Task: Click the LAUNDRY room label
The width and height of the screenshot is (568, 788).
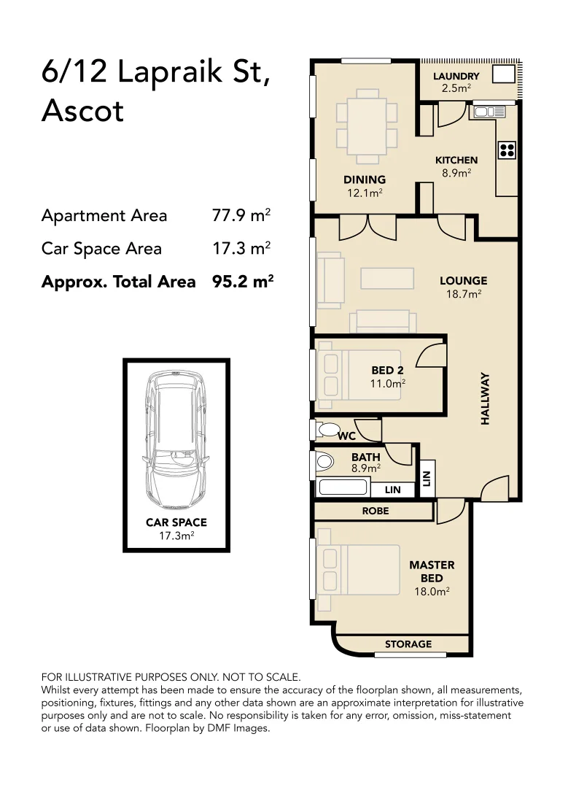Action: tap(456, 77)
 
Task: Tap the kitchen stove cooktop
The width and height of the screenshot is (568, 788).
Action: tap(507, 150)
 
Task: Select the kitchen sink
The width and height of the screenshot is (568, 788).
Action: tap(489, 112)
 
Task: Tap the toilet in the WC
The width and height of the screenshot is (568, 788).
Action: tap(329, 429)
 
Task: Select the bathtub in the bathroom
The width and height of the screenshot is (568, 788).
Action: tap(343, 488)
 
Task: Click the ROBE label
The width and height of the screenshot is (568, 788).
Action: tap(376, 511)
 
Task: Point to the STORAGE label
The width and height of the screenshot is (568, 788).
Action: tap(408, 644)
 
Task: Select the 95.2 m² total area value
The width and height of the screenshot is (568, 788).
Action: tap(242, 282)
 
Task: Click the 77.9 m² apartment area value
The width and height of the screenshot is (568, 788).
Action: tap(241, 216)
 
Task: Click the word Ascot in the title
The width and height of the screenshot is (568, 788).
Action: tap(82, 111)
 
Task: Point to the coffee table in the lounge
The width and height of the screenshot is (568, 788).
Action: tap(386, 278)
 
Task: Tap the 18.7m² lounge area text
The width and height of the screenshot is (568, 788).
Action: tap(463, 294)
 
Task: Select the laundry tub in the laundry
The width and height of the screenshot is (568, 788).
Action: tap(503, 74)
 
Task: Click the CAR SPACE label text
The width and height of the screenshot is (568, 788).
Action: tap(176, 522)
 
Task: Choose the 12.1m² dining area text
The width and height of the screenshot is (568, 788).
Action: tap(365, 193)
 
